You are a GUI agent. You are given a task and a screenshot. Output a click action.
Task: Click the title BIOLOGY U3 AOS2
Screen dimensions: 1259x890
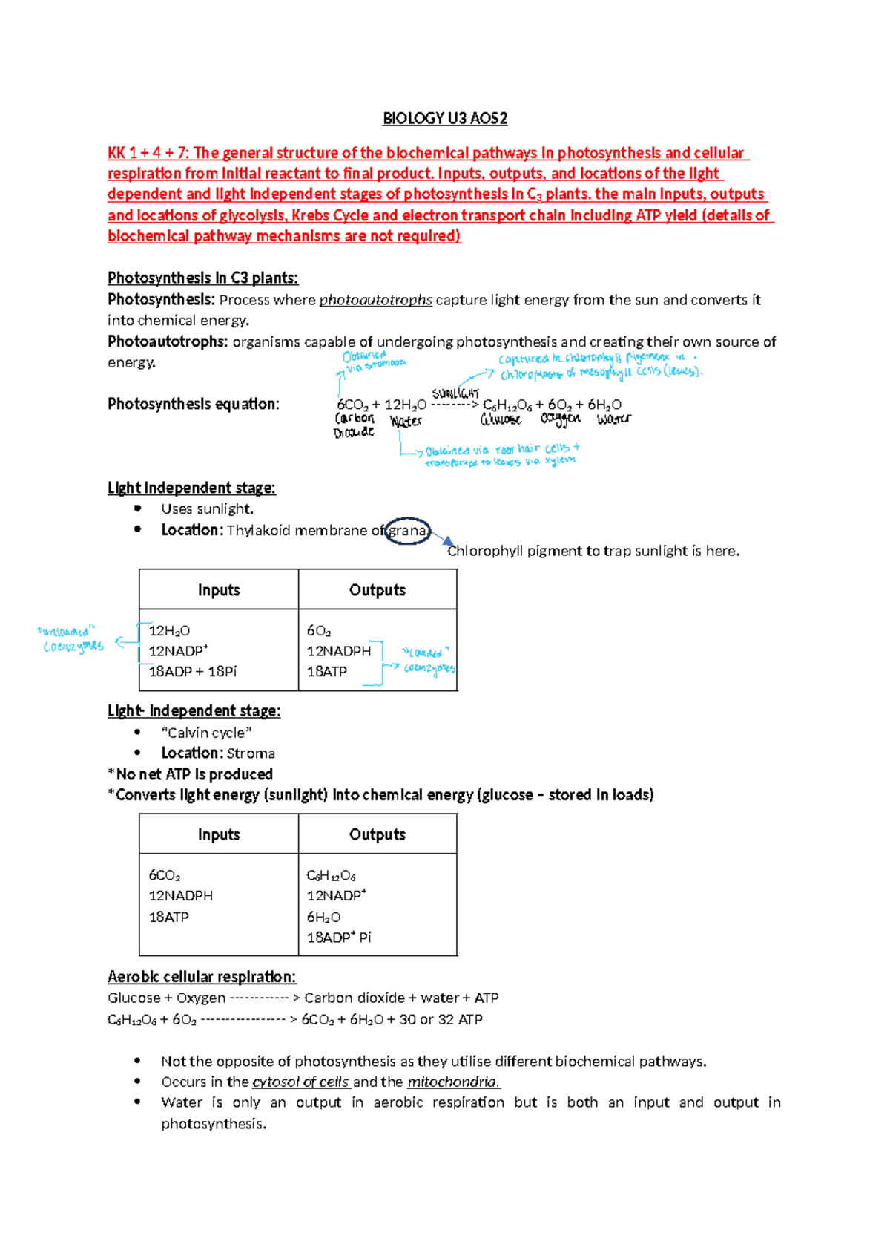[444, 118]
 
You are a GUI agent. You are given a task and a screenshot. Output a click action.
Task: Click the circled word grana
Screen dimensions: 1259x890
[407, 531]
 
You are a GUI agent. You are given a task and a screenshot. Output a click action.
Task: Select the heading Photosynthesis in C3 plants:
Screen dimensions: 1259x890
[202, 278]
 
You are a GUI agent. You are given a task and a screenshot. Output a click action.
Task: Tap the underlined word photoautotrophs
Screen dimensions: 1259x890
[375, 300]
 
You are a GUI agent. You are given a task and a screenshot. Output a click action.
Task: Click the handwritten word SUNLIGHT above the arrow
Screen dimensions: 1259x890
[455, 393]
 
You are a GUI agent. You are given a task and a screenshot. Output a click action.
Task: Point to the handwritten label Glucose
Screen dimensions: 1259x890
[501, 420]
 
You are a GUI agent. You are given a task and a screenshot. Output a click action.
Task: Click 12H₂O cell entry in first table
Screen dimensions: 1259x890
[169, 631]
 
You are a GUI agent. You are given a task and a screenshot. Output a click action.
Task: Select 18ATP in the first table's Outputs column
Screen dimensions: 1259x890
[326, 672]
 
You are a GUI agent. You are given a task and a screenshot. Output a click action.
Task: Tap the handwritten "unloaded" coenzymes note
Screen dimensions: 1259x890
[70, 639]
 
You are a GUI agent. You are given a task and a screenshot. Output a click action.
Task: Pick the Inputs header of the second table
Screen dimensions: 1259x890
[218, 834]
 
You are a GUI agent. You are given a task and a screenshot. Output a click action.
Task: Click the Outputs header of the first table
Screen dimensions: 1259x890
[377, 590]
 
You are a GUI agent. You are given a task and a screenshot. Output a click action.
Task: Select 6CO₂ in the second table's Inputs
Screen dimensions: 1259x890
[164, 876]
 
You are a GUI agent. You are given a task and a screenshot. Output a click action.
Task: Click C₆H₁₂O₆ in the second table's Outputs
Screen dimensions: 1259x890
[331, 876]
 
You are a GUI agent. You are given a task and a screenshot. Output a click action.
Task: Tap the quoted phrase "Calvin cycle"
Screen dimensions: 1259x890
[206, 733]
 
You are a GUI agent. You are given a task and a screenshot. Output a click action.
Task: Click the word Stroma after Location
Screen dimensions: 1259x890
[251, 753]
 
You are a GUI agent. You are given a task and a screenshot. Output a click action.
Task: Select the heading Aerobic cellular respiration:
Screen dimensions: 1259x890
[202, 977]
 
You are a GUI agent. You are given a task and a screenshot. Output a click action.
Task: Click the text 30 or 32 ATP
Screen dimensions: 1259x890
[441, 1020]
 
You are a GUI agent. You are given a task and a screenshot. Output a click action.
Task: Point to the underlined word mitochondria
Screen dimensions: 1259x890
[453, 1082]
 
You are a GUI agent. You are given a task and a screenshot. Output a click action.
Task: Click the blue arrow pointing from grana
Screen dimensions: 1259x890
[443, 539]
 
